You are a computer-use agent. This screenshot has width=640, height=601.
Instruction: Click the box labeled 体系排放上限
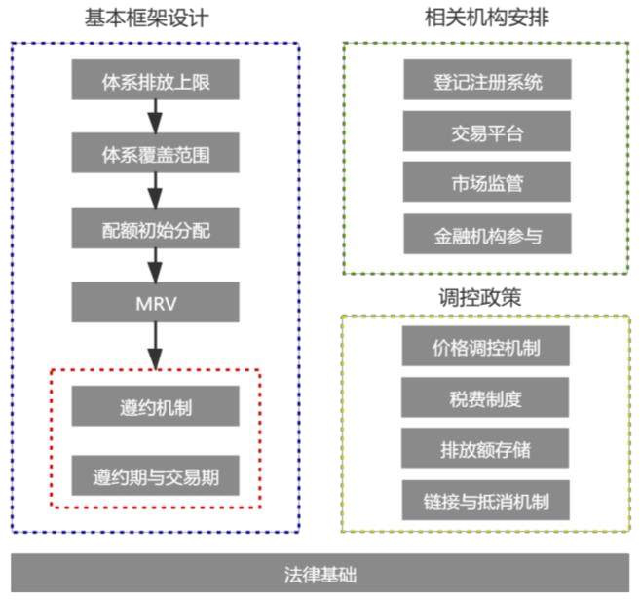155,81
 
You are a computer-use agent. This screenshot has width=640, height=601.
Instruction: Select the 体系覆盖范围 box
155,154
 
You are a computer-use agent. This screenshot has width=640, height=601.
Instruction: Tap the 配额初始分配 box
155,229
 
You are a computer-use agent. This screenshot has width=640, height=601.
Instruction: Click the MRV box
155,302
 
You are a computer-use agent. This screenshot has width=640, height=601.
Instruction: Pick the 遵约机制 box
155,406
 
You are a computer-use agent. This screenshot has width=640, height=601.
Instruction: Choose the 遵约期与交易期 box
155,476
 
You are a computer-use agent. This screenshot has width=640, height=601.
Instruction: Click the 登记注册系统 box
486,81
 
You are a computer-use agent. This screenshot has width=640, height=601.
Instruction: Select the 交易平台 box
486,132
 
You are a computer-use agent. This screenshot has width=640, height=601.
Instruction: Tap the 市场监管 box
486,183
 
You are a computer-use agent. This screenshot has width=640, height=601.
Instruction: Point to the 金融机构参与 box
486,235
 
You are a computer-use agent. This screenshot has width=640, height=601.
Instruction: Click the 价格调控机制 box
485,347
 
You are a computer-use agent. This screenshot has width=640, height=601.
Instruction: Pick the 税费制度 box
485,397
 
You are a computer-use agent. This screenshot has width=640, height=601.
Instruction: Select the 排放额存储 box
485,449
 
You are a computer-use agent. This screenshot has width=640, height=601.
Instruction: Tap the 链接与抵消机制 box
485,501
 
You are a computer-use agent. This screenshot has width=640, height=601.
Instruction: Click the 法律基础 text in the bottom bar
320,573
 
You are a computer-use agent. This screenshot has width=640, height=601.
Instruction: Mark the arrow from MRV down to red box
154,345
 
